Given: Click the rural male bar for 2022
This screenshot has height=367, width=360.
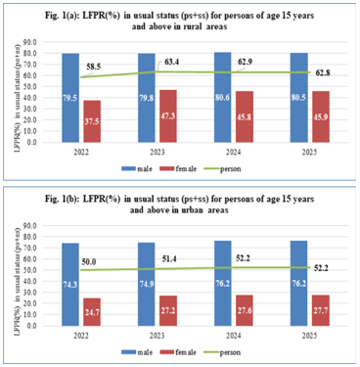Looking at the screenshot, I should coord(69,98).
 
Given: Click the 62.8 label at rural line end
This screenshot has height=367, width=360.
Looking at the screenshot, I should coord(329,71).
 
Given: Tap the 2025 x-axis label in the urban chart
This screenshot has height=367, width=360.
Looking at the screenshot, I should coord(309,338).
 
